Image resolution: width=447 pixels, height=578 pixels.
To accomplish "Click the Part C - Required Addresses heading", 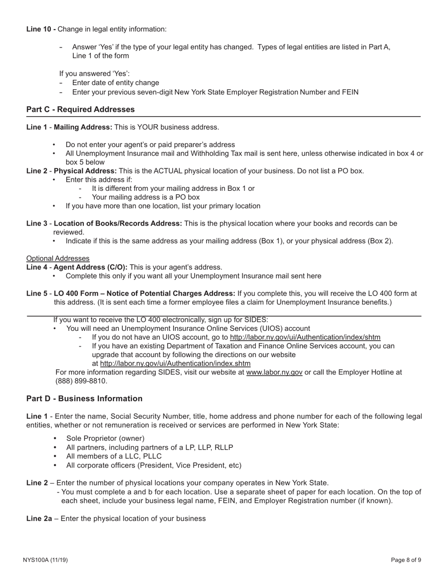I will point(80,109).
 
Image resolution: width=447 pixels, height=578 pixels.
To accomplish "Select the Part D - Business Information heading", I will point(84,398).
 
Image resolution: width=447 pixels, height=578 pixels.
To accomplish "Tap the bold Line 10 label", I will point(41,29).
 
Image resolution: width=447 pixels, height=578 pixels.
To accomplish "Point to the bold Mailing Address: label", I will point(83,127).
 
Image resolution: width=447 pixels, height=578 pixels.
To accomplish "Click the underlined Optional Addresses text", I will point(58,258).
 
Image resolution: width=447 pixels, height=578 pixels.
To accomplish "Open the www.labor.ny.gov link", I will point(274,372).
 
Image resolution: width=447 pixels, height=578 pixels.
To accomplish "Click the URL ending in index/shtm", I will point(305,337).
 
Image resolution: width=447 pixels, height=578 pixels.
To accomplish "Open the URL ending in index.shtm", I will point(175,364).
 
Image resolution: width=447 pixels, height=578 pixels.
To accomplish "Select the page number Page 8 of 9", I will point(406,560).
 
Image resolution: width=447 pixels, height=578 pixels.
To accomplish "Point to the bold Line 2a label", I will point(39,519).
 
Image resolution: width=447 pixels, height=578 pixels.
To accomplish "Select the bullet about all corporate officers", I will point(153,465).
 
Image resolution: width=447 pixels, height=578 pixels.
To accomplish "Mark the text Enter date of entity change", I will point(116,83).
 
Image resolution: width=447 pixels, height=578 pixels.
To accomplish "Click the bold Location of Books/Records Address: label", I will point(118,224).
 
